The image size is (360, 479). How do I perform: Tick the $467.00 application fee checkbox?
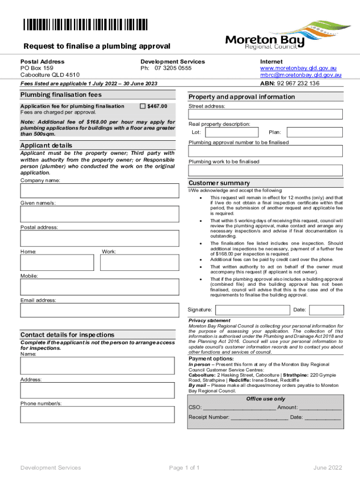143,107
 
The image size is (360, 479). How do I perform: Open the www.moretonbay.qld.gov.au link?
301,68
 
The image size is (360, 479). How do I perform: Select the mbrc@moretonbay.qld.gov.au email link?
301,75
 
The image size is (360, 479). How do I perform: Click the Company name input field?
99,191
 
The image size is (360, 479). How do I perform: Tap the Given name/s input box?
99,214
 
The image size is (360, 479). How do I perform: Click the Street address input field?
265,115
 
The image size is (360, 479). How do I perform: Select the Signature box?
252,310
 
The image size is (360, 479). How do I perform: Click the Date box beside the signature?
326,310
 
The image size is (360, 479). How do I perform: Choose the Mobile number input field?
99,287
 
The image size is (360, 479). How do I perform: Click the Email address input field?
99,311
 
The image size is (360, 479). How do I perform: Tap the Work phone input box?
139,263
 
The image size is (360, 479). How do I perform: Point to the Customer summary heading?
219,183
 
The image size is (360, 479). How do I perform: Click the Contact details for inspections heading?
67,335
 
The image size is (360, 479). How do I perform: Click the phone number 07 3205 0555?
173,68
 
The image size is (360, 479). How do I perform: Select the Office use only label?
265,399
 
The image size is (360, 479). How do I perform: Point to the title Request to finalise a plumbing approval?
97,46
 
